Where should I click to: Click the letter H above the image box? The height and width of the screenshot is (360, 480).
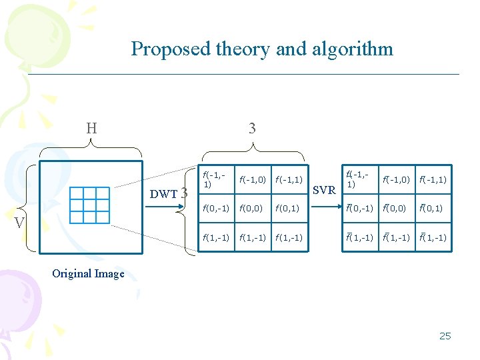pos(91,128)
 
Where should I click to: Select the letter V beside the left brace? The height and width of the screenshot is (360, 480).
pos(19,221)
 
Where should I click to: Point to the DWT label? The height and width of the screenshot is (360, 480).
pos(163,194)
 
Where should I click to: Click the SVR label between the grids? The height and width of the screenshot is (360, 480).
pos(324,190)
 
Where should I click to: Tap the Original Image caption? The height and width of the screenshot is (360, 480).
pos(88,273)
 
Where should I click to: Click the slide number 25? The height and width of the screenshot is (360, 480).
pos(445,335)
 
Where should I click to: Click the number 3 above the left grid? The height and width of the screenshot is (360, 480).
pos(251,128)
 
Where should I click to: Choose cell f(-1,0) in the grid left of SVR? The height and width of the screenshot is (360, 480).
pos(253,179)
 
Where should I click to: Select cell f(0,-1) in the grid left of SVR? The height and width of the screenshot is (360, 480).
pos(216,209)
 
